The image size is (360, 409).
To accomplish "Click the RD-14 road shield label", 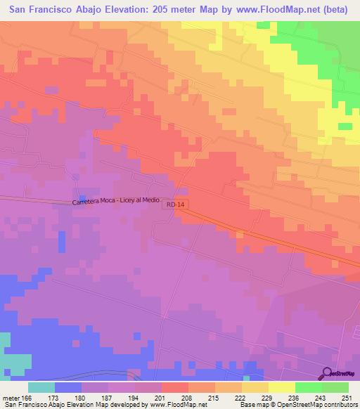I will (x=176, y=204).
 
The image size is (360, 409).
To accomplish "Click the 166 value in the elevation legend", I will (x=27, y=398).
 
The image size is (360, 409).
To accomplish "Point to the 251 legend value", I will (x=348, y=398).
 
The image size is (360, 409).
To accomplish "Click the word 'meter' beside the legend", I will (x=10, y=398).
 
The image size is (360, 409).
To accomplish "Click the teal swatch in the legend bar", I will (x=41, y=387).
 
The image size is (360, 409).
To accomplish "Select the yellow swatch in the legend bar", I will (x=282, y=387).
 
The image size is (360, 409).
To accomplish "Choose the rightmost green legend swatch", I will (x=335, y=387).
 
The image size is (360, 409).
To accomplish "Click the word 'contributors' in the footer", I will (x=337, y=405).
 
